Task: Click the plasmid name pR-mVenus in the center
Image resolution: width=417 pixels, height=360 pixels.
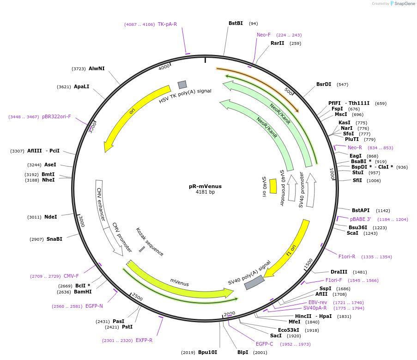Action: pos(205,186)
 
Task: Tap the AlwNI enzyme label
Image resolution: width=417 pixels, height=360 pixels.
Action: pos(97,68)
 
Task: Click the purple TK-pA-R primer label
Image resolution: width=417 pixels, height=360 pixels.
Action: pos(167,24)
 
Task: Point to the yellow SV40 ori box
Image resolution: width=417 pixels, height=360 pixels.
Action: pos(273,186)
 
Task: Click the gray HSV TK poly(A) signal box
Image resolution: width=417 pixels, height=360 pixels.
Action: pos(182,85)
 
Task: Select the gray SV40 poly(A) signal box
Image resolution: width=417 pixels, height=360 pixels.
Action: pos(254,282)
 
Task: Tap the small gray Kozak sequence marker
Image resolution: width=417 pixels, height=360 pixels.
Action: pos(142,249)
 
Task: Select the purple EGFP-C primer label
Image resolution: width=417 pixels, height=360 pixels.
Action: pos(265,344)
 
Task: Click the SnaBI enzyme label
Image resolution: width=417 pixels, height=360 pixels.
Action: pos(54,239)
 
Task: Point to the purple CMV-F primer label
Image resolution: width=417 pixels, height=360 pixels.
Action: pos(71,276)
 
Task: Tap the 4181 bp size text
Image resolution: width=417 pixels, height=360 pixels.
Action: pos(205,192)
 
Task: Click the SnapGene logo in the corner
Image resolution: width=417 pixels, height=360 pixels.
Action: pos(402,4)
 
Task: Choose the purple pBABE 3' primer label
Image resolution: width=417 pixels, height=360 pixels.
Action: pos(360,219)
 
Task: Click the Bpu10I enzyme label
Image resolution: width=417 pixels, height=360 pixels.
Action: pos(207,352)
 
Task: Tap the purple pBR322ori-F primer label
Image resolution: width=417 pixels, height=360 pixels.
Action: pos(56,116)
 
